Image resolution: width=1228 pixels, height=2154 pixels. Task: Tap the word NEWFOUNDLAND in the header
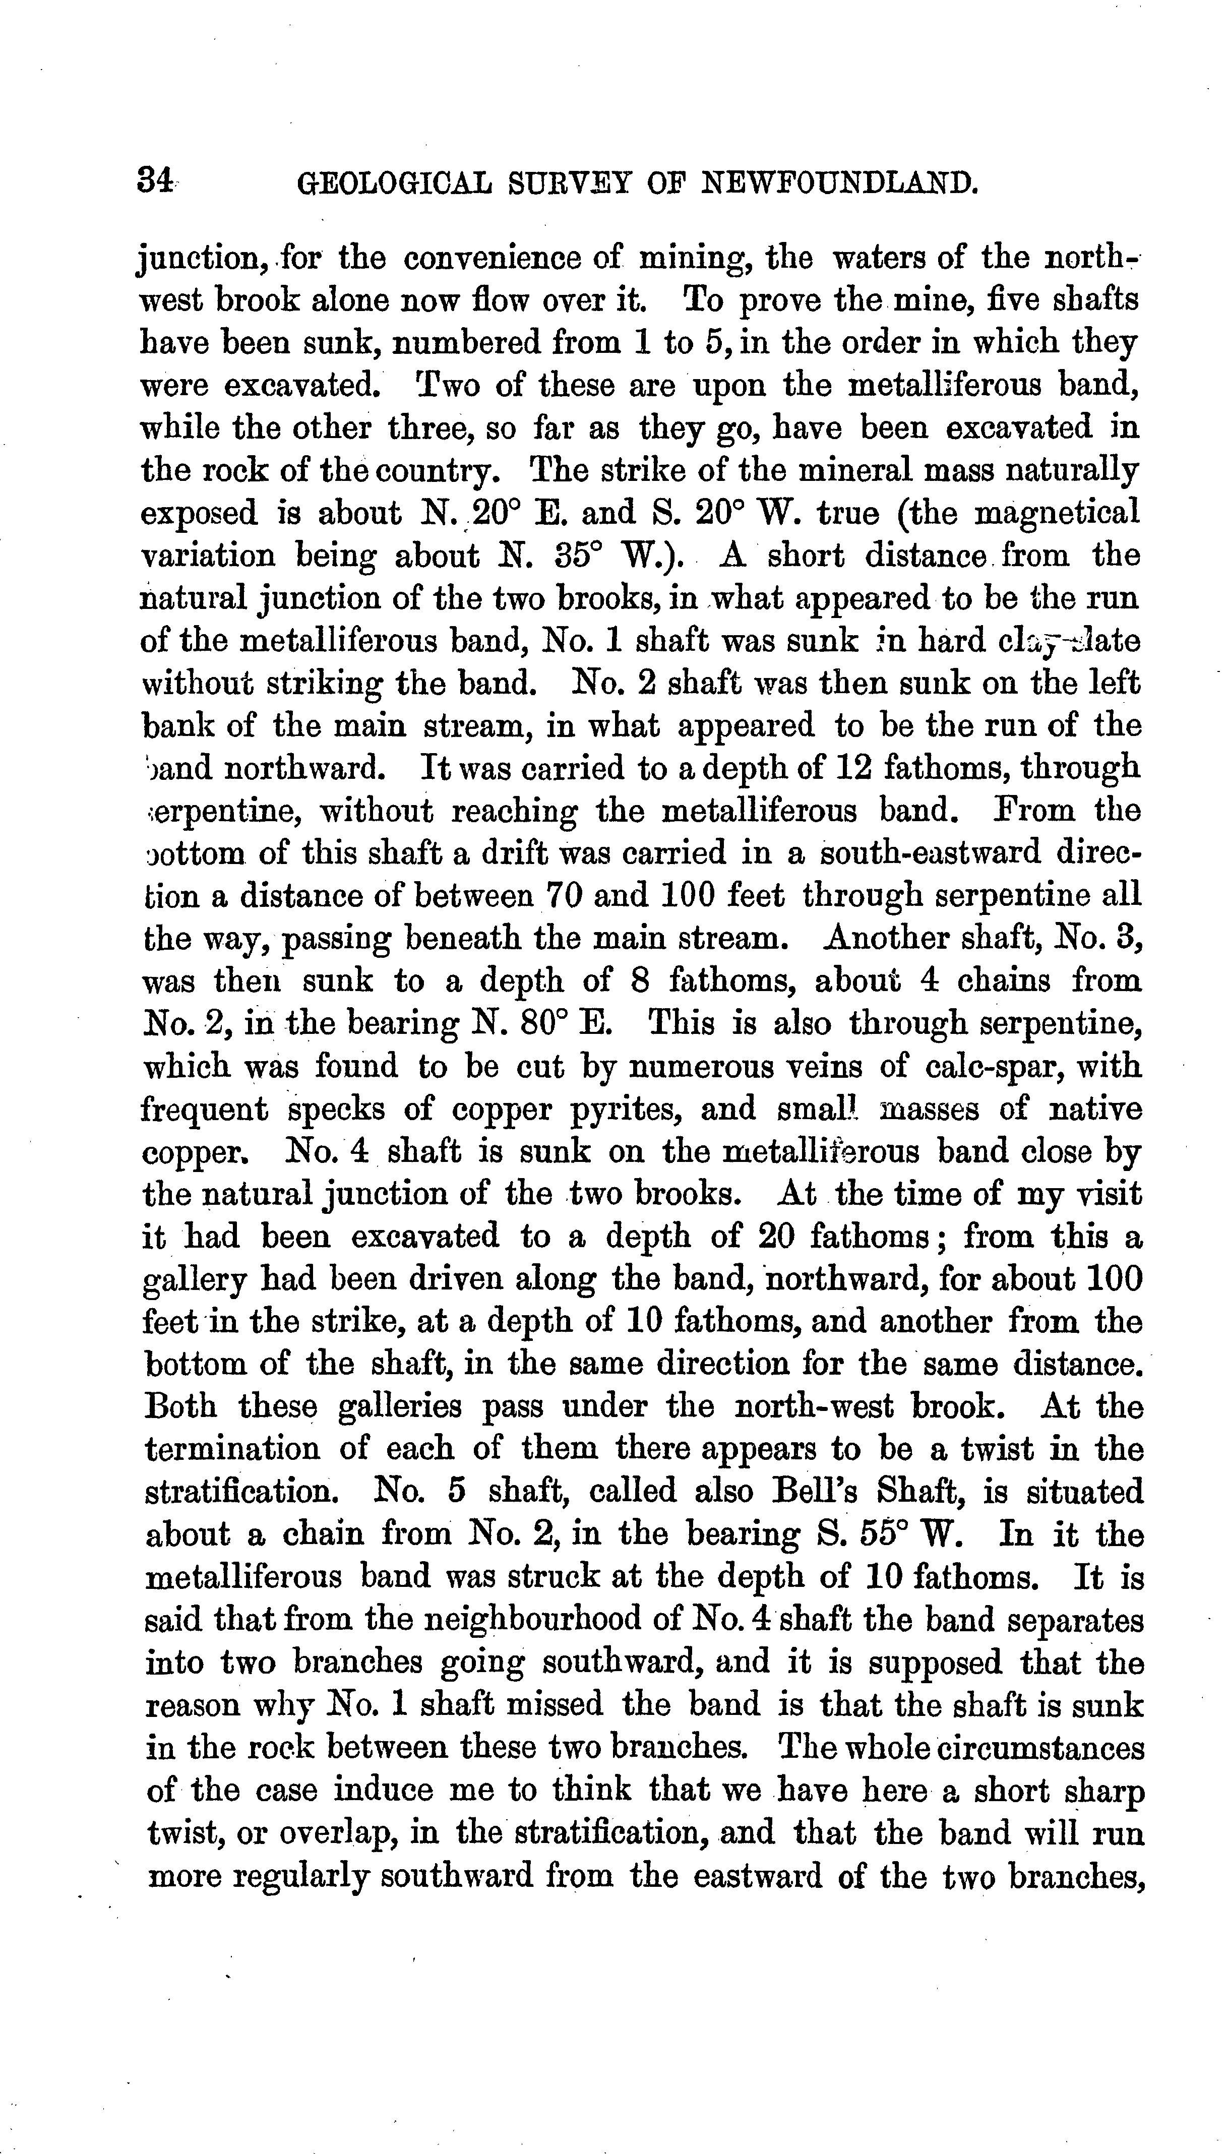(x=840, y=183)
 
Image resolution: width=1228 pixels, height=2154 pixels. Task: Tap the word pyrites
(x=625, y=1109)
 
